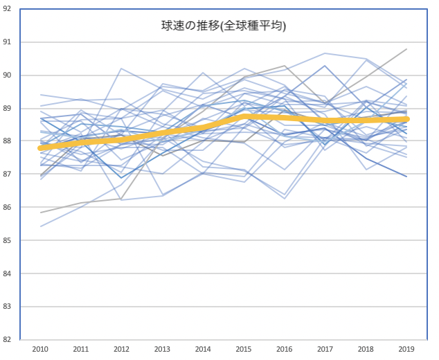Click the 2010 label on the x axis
(x=39, y=350)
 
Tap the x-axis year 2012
(x=121, y=350)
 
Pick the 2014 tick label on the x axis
(x=203, y=350)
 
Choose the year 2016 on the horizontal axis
(x=284, y=350)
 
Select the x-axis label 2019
(x=406, y=350)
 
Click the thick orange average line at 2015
(x=244, y=116)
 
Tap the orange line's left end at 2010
(x=41, y=147)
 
